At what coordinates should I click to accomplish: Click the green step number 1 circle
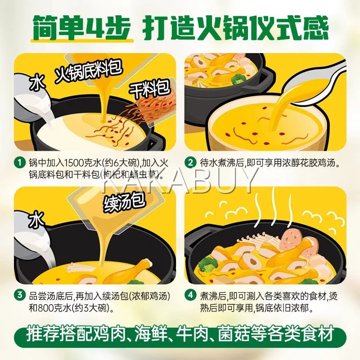[x=20, y=162]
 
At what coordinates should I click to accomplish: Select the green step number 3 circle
[x=20, y=295]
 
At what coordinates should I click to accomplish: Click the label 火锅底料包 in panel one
[x=88, y=71]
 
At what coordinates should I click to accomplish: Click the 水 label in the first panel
[x=37, y=82]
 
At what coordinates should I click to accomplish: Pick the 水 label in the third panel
[x=36, y=219]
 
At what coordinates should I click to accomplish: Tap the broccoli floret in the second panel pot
[x=239, y=79]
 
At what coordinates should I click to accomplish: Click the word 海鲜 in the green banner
[x=150, y=333]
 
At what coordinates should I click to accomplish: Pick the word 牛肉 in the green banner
[x=192, y=333]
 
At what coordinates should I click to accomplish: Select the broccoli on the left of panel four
[x=208, y=265]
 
